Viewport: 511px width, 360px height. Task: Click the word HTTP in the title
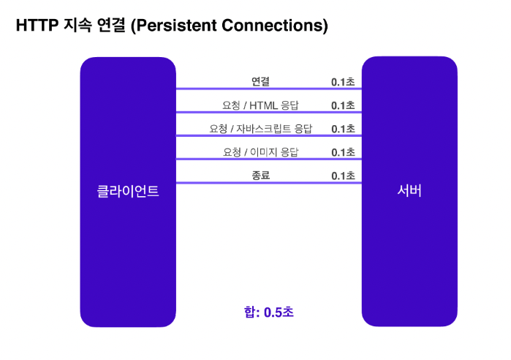37,25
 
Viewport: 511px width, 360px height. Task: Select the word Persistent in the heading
176,25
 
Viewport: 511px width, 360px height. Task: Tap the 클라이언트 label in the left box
128,191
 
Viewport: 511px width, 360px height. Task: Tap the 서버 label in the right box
409,190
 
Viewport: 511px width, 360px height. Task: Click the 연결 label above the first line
260,81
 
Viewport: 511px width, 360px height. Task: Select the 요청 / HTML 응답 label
260,105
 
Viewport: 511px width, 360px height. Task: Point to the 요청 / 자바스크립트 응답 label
260,129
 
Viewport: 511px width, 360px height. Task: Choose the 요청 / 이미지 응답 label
260,152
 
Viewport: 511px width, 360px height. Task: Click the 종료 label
260,176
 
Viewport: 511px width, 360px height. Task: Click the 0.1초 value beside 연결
343,82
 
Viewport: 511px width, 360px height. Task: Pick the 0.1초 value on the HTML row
343,105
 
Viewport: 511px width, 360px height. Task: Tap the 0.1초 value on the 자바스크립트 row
343,129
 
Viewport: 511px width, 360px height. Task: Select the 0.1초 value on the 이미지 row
343,152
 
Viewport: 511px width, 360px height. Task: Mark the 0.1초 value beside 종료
343,176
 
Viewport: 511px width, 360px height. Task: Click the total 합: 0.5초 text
269,312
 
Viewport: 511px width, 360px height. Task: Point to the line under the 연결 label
269,89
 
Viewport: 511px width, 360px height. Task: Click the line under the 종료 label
269,183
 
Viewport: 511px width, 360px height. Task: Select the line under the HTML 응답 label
269,112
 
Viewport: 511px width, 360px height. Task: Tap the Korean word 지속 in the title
78,25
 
